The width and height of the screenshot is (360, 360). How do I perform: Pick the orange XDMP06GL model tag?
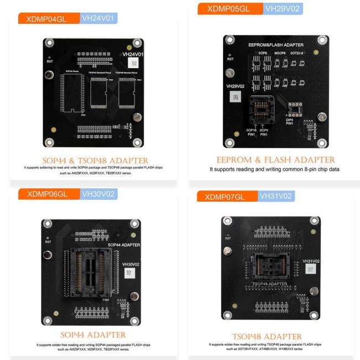[x=48, y=194]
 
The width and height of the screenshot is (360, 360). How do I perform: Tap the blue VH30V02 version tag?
[x=97, y=194]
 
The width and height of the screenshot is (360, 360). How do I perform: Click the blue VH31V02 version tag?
[x=276, y=196]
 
